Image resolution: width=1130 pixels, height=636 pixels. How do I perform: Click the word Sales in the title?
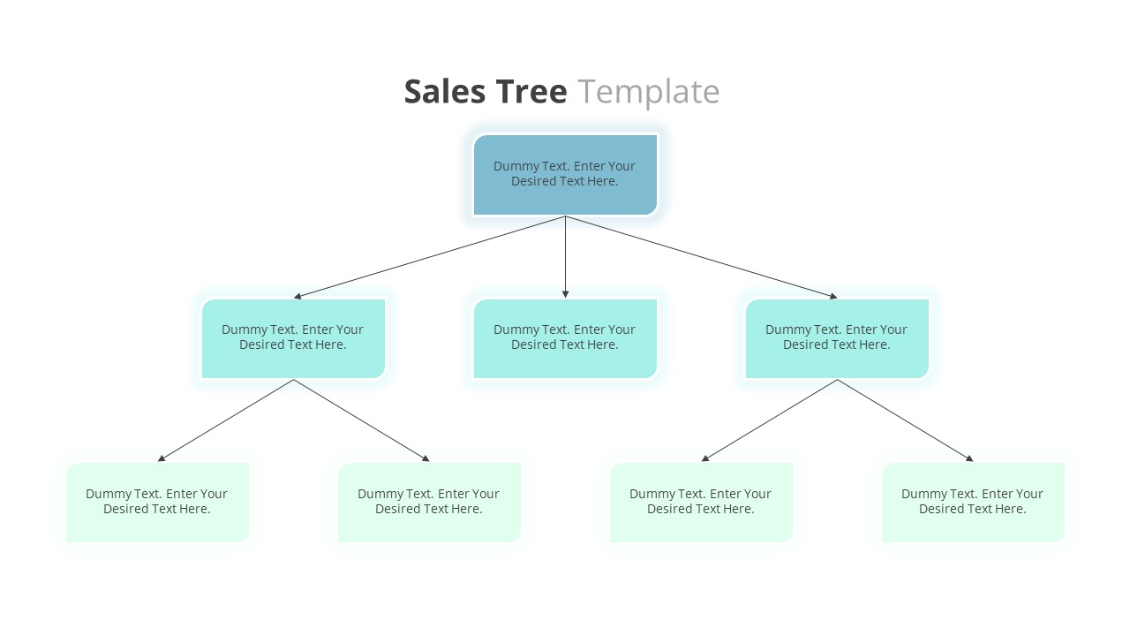click(444, 92)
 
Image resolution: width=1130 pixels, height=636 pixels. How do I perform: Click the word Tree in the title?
click(531, 92)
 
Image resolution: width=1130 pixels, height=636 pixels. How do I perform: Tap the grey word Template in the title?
click(649, 92)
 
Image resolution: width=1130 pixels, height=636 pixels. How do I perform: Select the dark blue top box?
click(565, 174)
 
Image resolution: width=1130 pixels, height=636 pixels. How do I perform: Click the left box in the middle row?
click(293, 338)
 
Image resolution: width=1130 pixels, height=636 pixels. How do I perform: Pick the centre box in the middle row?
click(565, 338)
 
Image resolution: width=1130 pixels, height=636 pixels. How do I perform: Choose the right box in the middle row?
click(837, 338)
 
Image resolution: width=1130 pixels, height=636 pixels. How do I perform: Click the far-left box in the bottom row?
click(157, 502)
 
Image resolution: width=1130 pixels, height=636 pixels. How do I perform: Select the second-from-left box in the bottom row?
click(429, 502)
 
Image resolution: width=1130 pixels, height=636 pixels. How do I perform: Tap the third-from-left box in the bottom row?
click(701, 502)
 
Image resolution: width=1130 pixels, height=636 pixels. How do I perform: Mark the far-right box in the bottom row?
click(973, 502)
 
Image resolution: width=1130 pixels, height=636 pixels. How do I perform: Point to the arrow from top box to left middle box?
click(429, 257)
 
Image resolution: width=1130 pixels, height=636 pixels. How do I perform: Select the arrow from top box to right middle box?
click(701, 257)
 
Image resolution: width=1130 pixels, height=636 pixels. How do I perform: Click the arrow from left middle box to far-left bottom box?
click(225, 420)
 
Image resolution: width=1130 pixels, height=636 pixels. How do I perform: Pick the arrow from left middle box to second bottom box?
click(361, 420)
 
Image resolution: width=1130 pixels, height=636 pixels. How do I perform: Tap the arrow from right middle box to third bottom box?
click(769, 420)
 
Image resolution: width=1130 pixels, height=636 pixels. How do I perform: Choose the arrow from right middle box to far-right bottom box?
click(905, 420)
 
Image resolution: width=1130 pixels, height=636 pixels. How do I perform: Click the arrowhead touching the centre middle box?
click(565, 293)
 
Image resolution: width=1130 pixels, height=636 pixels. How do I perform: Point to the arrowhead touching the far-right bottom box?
click(969, 458)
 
